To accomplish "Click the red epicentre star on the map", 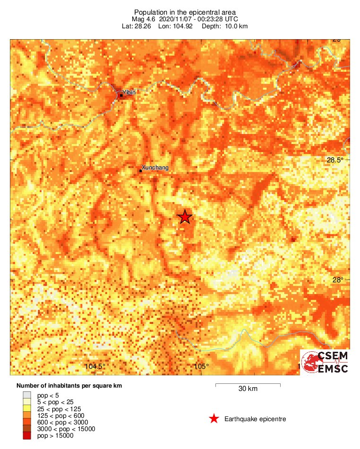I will point(185,217).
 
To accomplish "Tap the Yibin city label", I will point(129,93).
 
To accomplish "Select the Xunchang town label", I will point(155,168).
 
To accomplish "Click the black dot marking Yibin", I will point(121,95).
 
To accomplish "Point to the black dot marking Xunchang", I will point(140,170).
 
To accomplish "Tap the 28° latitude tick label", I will point(338,280).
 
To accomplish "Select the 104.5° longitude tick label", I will point(94,366).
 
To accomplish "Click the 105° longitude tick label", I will point(201,366).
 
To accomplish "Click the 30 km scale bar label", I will point(248,389).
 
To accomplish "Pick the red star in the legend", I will point(214,419).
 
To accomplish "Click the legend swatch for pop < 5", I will point(27,395).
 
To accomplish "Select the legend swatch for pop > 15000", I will point(27,436).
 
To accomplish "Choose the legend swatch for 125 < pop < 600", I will point(27,415).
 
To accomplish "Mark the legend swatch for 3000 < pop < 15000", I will point(27,429).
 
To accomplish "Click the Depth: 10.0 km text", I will point(224,26).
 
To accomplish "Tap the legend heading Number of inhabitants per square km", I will point(69,386).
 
